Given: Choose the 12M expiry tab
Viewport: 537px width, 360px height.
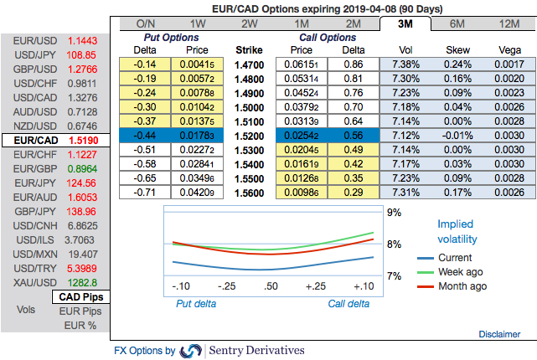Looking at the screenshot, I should tap(508, 23).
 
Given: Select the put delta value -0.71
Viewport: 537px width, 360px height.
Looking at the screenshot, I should tap(145, 192).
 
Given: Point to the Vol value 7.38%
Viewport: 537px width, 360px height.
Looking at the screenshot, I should tap(405, 64).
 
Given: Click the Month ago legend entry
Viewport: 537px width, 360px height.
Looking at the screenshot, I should tap(462, 285).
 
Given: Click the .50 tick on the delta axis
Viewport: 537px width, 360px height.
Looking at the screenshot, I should tap(271, 287).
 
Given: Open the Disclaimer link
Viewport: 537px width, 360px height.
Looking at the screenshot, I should tap(499, 333).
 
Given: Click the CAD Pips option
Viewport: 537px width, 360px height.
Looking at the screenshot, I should tap(80, 297).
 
